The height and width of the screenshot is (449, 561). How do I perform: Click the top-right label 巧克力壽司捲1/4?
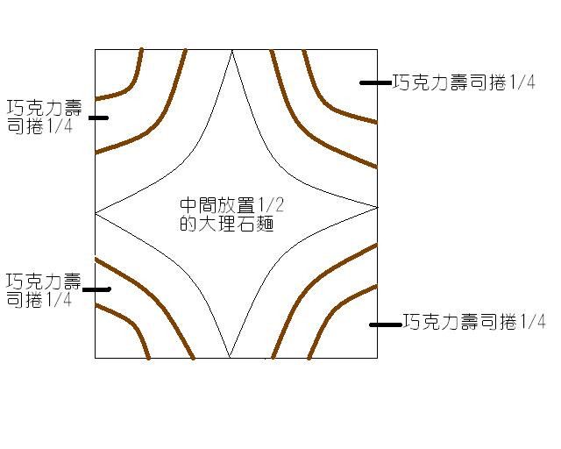click(464, 82)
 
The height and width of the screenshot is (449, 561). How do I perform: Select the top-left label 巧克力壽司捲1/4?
click(45, 117)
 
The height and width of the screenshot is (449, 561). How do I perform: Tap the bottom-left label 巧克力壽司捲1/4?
click(44, 290)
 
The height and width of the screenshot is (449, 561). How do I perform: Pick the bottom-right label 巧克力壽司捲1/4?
click(474, 321)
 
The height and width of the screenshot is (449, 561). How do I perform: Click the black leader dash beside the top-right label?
click(376, 82)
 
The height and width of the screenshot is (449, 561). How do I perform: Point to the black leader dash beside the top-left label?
click(98, 118)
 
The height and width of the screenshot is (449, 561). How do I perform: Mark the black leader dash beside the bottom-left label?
click(96, 289)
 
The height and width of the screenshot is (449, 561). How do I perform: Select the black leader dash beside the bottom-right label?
click(386, 324)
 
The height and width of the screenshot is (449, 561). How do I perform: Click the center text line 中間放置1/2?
click(231, 205)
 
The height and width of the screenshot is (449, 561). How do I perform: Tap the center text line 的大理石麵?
click(227, 224)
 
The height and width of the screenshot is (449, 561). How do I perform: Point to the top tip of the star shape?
click(232, 50)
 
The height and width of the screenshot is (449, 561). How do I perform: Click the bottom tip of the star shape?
click(230, 357)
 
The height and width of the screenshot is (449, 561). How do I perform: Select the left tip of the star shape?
click(96, 213)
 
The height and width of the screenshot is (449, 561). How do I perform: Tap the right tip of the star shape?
click(377, 207)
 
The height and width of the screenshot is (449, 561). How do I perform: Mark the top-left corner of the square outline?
click(96, 49)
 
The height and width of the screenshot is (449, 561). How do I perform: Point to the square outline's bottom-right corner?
click(378, 358)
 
